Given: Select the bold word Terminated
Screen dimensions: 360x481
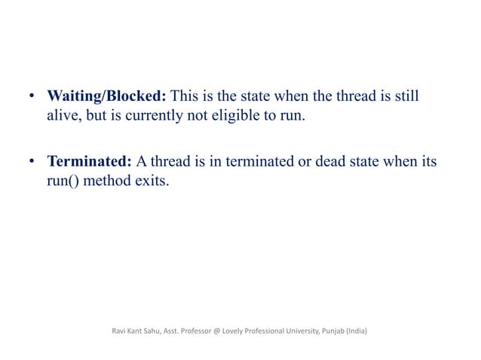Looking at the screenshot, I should [x=90, y=161].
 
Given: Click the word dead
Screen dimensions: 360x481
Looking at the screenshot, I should [x=320, y=161].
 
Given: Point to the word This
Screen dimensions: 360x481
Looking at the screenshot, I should [x=186, y=98].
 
